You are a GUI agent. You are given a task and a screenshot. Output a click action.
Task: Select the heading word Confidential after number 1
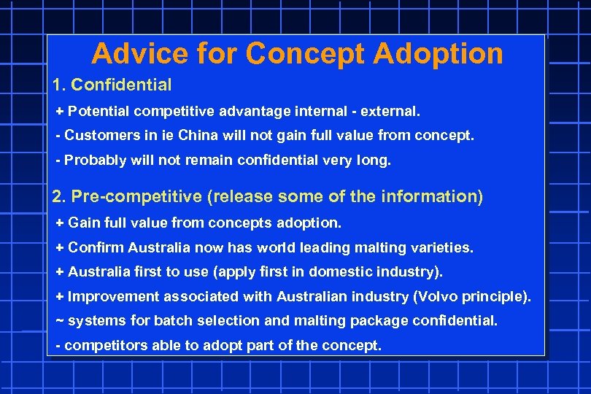click(x=122, y=85)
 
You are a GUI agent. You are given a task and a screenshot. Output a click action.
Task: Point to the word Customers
click(x=98, y=136)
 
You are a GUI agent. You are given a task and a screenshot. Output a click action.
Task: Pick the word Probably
click(x=96, y=161)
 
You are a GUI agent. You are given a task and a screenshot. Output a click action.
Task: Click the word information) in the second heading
click(x=436, y=196)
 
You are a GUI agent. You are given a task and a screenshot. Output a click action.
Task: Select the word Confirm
click(x=96, y=247)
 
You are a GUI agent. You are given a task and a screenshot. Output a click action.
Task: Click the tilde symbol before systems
click(x=60, y=320)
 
